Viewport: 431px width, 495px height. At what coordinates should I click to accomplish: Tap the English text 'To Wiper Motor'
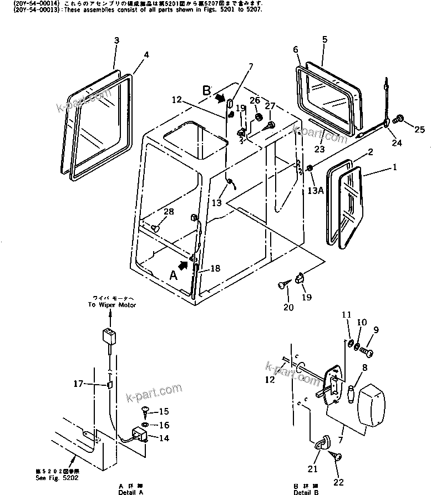(x=111, y=305)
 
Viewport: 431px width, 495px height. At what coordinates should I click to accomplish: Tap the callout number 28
(x=169, y=212)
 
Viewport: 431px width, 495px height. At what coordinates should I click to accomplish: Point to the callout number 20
(x=288, y=307)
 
